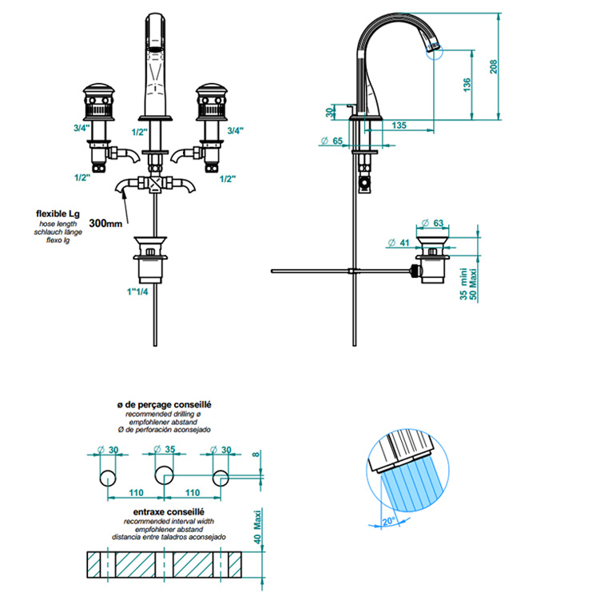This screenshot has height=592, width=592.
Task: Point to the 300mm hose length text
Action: pyautogui.click(x=106, y=224)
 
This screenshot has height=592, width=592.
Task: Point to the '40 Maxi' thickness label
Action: pyautogui.click(x=256, y=528)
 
